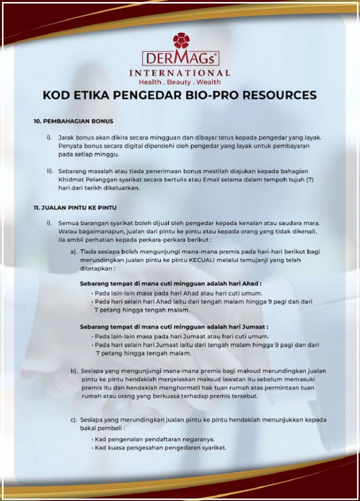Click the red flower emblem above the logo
pos(181,41)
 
